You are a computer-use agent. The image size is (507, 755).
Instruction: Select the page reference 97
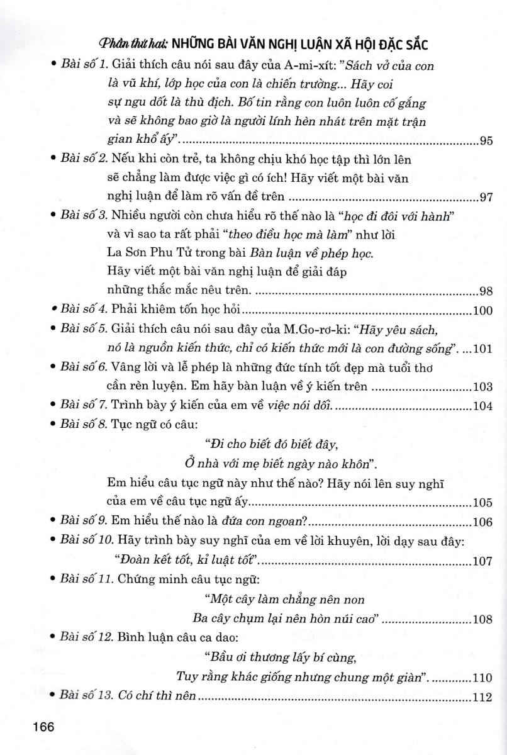(486, 198)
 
